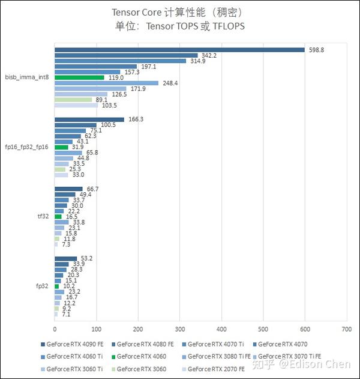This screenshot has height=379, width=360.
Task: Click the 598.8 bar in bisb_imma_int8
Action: click(179, 50)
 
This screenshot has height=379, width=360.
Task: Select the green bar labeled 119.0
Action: click(79, 77)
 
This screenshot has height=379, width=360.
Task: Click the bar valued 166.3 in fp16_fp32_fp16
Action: click(89, 120)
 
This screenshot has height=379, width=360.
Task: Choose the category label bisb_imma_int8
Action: click(27, 77)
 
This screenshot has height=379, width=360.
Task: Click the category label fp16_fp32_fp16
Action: click(27, 147)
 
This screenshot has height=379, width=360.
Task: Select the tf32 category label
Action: click(42, 216)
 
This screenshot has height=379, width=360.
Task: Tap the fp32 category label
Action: click(42, 286)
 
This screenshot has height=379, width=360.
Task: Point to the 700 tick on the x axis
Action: click(346, 329)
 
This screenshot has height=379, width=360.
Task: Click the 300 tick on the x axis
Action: click(179, 329)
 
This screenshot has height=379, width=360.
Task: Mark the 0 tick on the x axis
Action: click(55, 329)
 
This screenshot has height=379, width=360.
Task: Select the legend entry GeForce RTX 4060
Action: click(141, 357)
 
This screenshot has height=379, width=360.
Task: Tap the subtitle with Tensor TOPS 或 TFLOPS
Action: click(179, 26)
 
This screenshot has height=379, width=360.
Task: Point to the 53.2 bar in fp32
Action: click(66, 258)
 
